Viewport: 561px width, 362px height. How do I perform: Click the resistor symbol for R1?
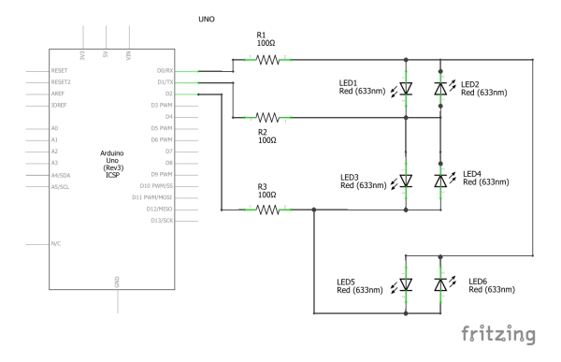[x=268, y=59]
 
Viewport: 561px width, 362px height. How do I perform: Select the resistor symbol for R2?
[x=268, y=117]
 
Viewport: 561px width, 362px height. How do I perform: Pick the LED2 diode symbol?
[x=440, y=88]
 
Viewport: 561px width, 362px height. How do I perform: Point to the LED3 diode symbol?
[x=405, y=180]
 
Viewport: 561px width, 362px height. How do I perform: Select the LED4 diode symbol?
[x=440, y=180]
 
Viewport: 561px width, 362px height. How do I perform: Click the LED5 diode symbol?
[x=405, y=283]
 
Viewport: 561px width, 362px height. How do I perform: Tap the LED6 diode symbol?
[x=440, y=283]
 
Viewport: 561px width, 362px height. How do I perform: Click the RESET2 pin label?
[x=61, y=81]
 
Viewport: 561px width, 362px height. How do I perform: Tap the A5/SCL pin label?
[x=62, y=185]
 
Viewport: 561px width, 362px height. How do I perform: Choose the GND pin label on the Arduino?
[x=117, y=280]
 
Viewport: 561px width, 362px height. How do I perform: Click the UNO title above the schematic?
[x=208, y=19]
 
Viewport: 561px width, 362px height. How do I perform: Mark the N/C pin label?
[x=56, y=243]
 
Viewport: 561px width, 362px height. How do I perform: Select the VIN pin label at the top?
[x=128, y=55]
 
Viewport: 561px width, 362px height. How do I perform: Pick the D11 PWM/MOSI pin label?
[x=151, y=196]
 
